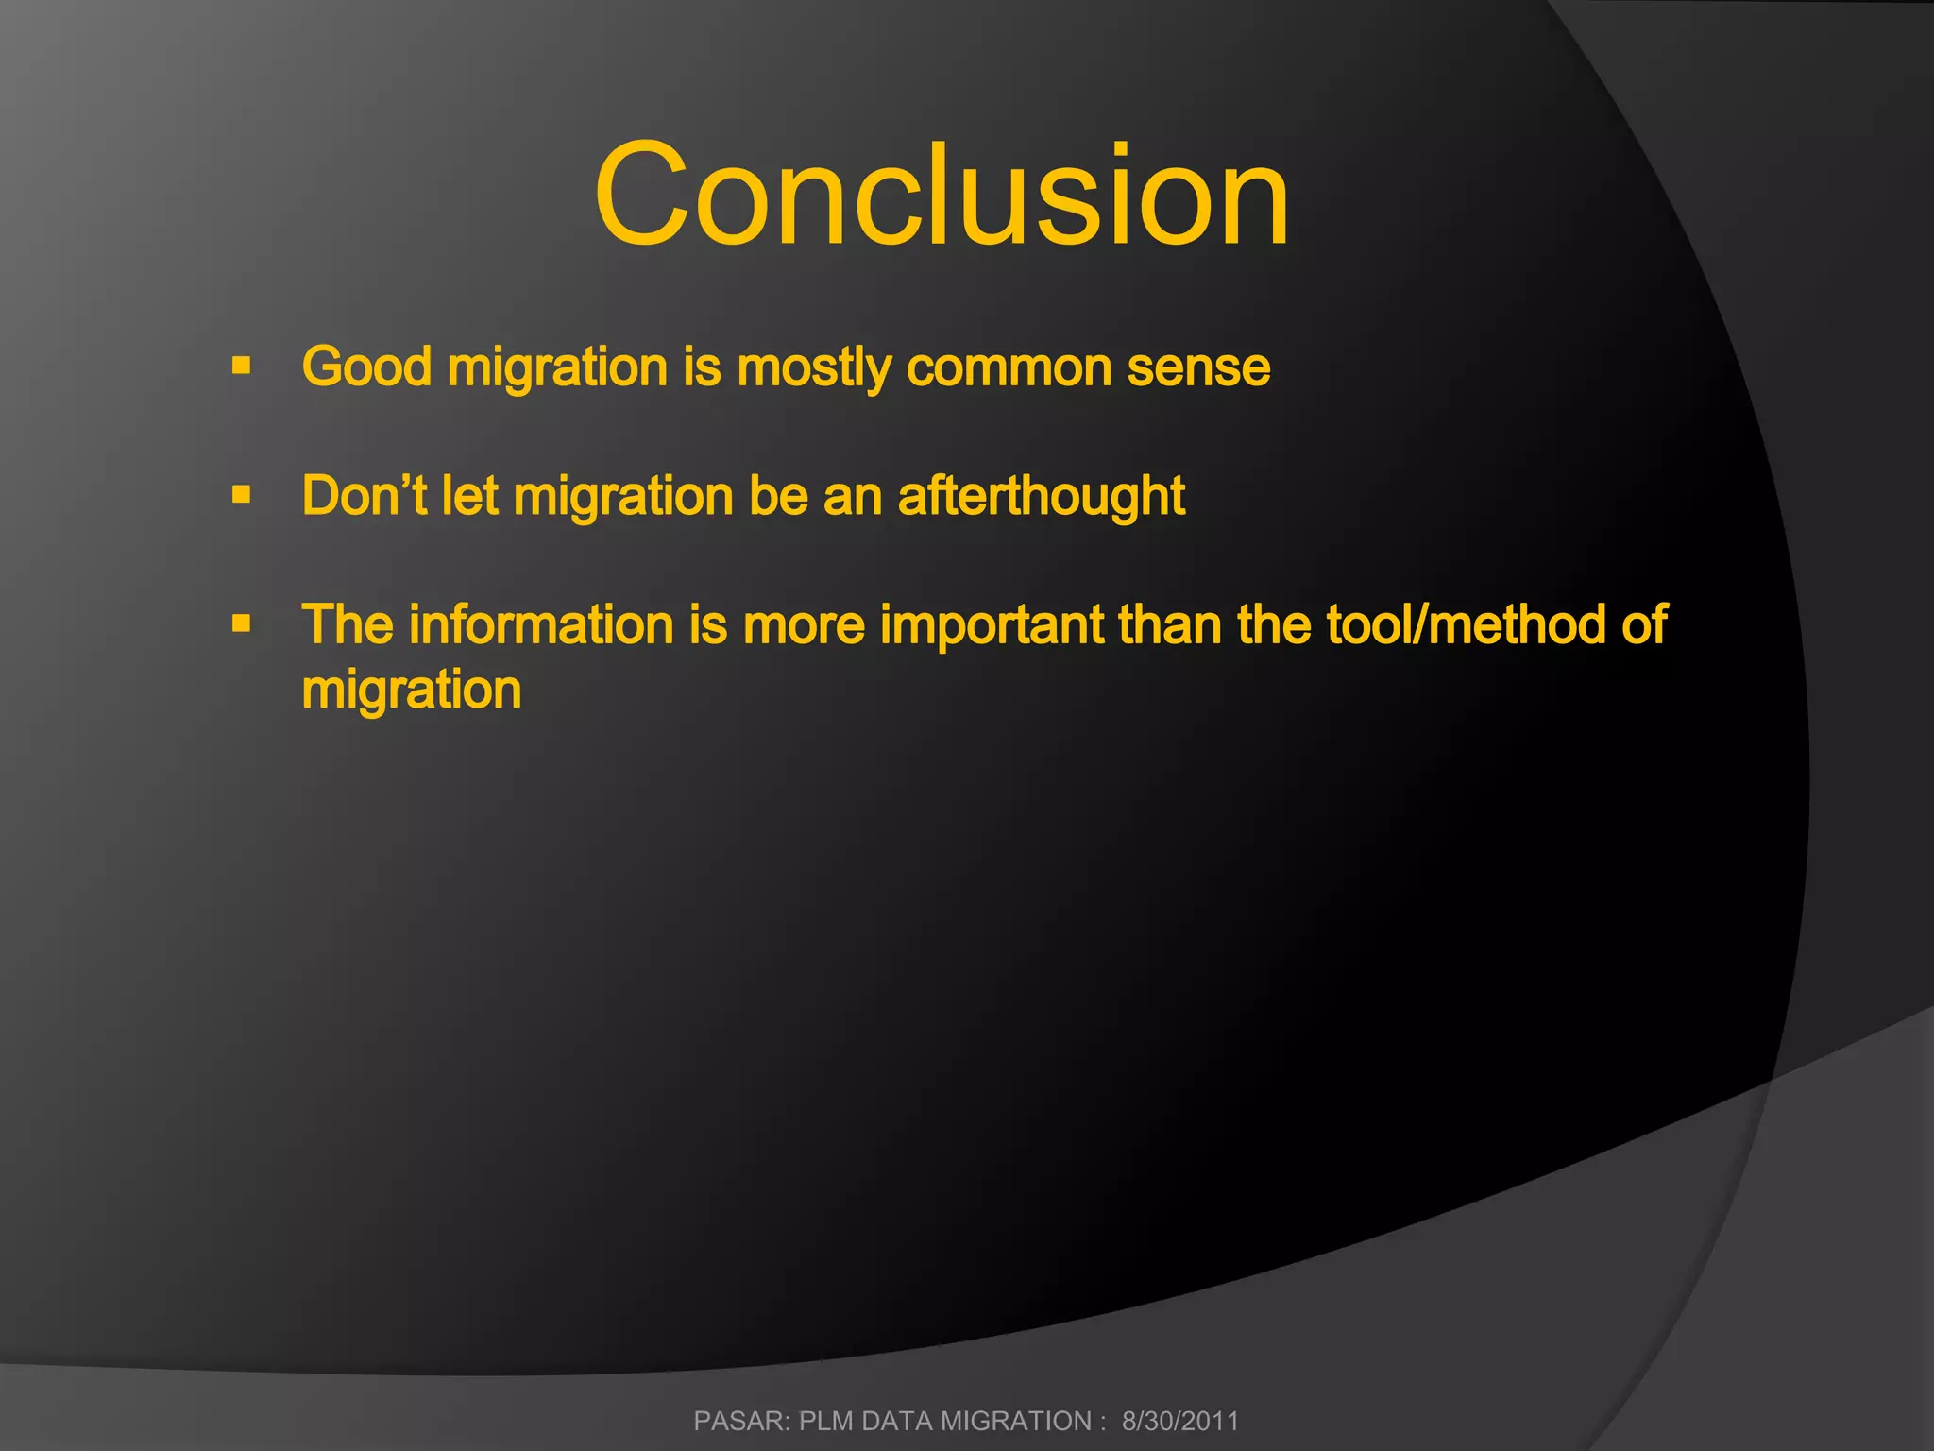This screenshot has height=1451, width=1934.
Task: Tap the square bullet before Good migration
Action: [x=242, y=366]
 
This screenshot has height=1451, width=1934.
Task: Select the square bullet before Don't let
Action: [x=242, y=494]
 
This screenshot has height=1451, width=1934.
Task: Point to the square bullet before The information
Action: [x=242, y=623]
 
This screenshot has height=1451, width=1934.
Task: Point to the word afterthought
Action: [x=1041, y=497]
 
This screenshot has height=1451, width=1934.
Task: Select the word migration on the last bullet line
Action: [x=412, y=691]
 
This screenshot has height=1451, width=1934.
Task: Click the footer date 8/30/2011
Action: [x=1179, y=1421]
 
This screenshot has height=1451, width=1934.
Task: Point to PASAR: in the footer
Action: [x=741, y=1421]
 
